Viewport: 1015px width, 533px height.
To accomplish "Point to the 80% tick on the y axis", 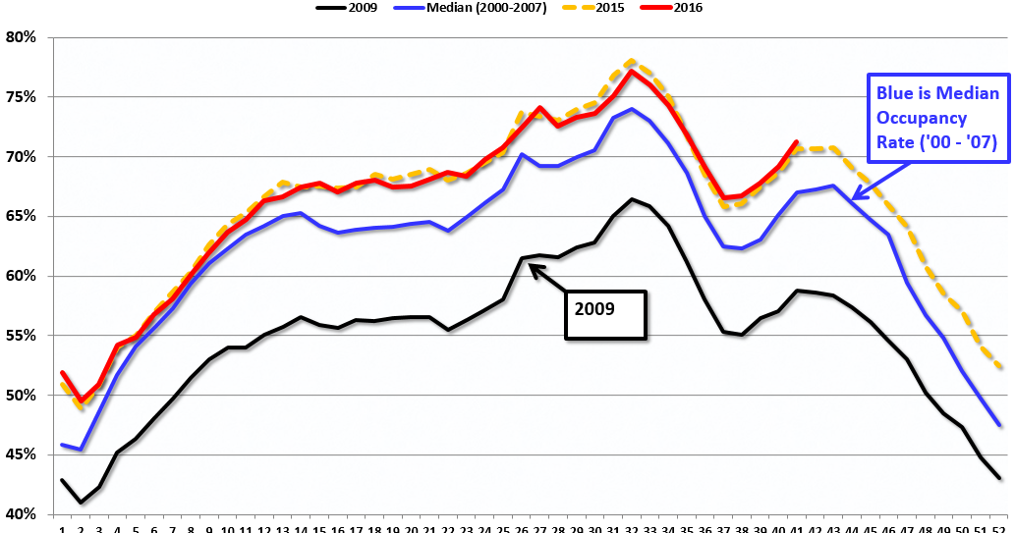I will click(20, 37).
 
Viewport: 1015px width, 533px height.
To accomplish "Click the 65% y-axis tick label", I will click(20, 216).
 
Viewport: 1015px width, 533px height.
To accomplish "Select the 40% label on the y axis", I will click(20, 514).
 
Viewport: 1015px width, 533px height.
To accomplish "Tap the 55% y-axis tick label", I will click(20, 336).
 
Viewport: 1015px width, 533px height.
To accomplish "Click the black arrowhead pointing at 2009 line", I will click(535, 265).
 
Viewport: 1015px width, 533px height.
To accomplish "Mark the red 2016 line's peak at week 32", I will click(632, 71).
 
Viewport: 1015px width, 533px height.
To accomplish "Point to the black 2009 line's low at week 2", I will click(80, 503).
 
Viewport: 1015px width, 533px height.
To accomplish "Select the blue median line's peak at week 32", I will click(632, 109).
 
